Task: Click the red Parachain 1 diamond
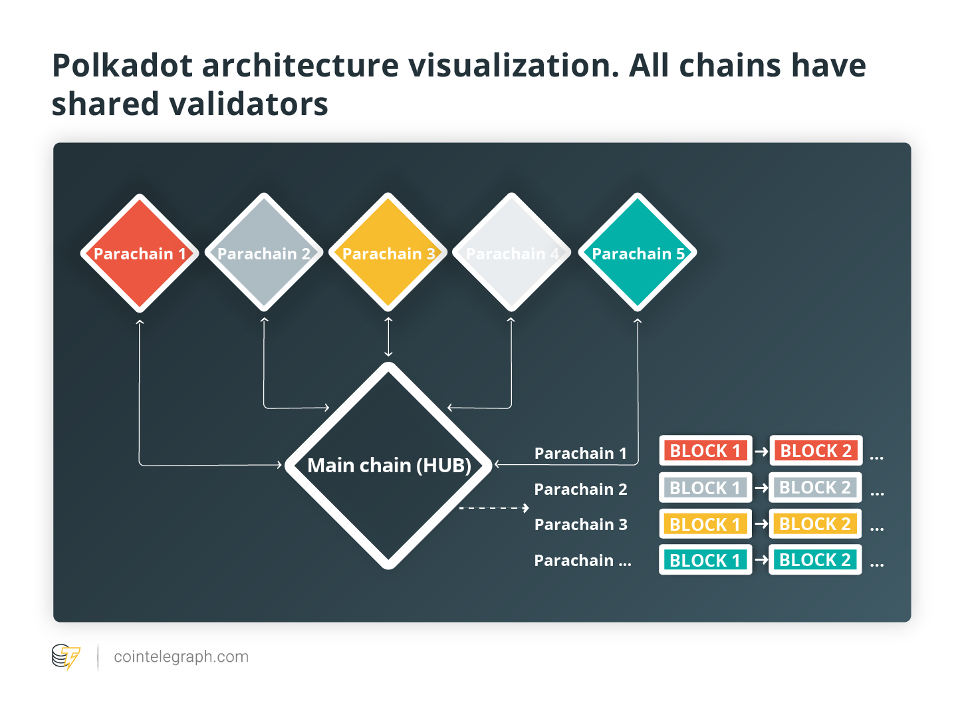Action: point(140,253)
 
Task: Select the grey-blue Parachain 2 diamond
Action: point(264,253)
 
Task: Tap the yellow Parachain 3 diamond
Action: point(388,253)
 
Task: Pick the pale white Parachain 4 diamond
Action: point(512,253)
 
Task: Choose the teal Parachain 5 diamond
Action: point(638,253)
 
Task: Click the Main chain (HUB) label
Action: point(390,466)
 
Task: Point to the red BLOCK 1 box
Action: point(706,451)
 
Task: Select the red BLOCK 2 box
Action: point(816,451)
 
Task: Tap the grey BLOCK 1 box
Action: point(706,488)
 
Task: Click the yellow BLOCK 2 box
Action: point(816,524)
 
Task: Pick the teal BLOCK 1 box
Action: point(706,560)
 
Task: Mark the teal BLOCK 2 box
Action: point(816,559)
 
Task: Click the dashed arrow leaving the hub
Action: point(494,508)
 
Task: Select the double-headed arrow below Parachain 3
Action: point(388,337)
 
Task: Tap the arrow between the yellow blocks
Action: point(761,524)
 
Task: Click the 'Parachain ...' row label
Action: point(582,561)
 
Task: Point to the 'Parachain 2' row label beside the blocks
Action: point(580,490)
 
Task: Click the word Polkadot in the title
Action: point(122,66)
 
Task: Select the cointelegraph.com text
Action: point(181,657)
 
